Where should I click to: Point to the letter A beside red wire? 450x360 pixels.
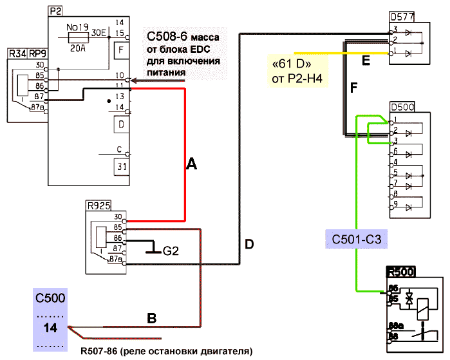click(x=191, y=165)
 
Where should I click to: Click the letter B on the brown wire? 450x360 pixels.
click(x=152, y=317)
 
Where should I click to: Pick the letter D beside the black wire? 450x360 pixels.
click(x=249, y=244)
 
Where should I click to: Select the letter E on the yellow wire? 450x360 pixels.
click(x=366, y=61)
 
